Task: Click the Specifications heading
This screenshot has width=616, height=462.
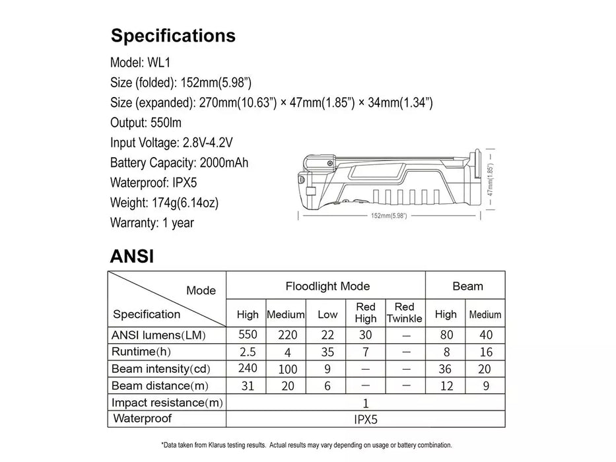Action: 173,36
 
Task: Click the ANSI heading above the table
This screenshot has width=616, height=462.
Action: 132,255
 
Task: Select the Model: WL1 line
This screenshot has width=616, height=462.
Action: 141,63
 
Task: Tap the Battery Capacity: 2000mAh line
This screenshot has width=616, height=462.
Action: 180,162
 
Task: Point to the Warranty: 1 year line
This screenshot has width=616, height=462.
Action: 153,223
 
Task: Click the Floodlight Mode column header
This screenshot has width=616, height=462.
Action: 327,286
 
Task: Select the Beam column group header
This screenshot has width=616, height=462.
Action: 467,286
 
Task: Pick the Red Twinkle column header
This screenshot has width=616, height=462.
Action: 404,313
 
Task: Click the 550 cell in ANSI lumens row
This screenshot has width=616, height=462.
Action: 248,335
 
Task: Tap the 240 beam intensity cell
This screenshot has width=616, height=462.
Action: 248,369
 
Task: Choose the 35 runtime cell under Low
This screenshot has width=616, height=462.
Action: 327,352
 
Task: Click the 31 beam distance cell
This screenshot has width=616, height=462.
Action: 248,386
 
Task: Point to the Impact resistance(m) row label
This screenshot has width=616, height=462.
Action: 167,403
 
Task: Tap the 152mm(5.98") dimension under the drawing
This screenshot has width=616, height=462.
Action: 388,216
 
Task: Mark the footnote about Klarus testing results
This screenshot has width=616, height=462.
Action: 307,445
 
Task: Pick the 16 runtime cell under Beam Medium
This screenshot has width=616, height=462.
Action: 486,352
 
